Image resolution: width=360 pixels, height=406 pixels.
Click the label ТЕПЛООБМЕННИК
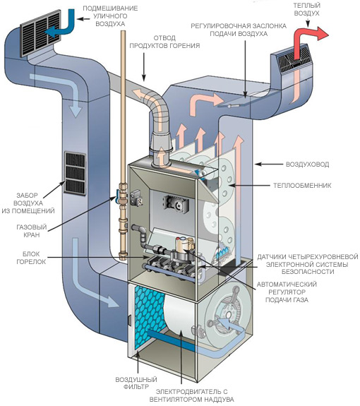(x=302, y=186)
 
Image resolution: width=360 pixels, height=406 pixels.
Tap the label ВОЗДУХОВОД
(x=307, y=165)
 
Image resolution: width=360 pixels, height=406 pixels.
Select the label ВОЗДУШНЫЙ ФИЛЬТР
(x=136, y=383)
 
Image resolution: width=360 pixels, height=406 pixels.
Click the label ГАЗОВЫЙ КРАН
(x=32, y=231)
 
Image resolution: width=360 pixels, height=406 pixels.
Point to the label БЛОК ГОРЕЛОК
(x=31, y=258)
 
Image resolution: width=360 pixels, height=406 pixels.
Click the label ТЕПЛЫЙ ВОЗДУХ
(x=306, y=9)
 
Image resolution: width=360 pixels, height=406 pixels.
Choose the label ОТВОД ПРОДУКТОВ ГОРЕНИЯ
(x=164, y=42)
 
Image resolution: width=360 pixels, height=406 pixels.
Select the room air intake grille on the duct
(x=75, y=173)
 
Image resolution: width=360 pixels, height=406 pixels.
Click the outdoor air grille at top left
(x=41, y=33)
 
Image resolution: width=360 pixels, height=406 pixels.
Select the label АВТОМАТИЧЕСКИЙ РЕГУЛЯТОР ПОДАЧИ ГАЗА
(x=287, y=292)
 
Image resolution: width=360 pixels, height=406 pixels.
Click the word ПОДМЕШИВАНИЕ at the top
(x=110, y=8)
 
